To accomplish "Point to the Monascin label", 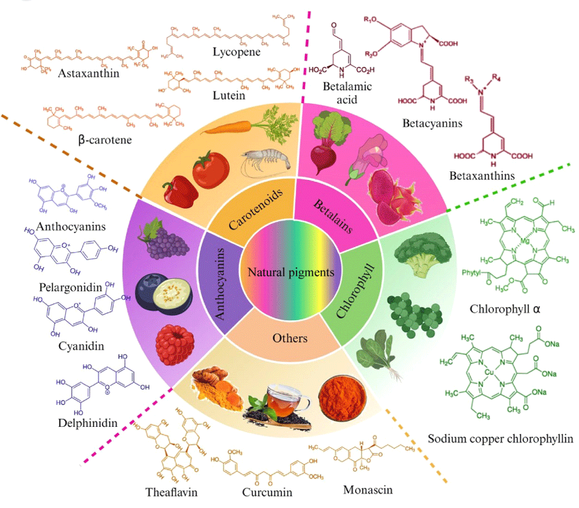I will [368, 489].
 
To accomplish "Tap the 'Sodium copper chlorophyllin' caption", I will [500, 438].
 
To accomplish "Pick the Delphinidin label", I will [87, 423].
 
